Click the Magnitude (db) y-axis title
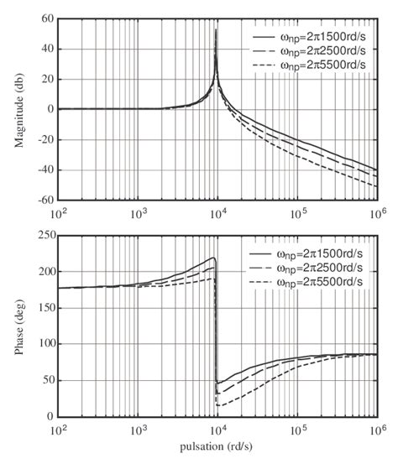click(18, 110)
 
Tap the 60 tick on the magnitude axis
click(45, 18)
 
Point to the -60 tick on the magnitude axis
click(44, 201)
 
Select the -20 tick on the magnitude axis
click(44, 140)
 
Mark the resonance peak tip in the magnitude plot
click(217, 29)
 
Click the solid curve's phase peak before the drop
click(214, 258)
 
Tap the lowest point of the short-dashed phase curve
click(218, 405)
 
